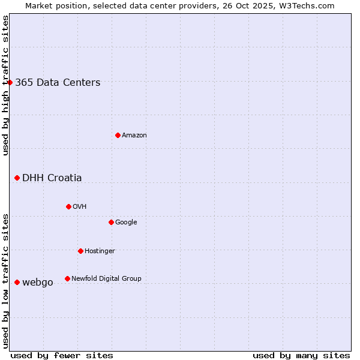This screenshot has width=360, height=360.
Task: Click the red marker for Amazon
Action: tap(118, 135)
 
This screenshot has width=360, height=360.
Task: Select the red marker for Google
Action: tap(111, 222)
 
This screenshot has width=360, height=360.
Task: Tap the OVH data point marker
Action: tap(68, 206)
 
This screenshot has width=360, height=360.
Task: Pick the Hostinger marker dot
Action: tap(80, 251)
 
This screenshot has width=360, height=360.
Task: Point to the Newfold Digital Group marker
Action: tap(67, 278)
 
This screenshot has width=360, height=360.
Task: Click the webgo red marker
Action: tap(17, 282)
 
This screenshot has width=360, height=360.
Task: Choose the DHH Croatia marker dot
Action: tap(17, 178)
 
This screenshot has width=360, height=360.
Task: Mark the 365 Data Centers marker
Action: tap(10, 82)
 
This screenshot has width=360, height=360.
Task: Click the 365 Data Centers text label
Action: tap(58, 83)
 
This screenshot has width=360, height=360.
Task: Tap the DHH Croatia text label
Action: tap(52, 178)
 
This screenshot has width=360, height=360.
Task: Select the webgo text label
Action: tap(38, 283)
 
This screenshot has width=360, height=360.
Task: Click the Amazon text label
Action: tap(134, 136)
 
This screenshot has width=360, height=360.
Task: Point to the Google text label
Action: tap(126, 223)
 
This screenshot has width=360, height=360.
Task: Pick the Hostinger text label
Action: tap(100, 251)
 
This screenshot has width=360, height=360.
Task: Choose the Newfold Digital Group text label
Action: tap(106, 278)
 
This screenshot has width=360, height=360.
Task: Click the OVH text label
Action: tap(80, 207)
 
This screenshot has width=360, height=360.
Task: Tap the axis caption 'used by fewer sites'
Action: tap(62, 355)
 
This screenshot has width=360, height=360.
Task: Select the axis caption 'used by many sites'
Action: tap(301, 355)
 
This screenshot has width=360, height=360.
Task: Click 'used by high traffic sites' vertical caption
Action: tap(5, 85)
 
